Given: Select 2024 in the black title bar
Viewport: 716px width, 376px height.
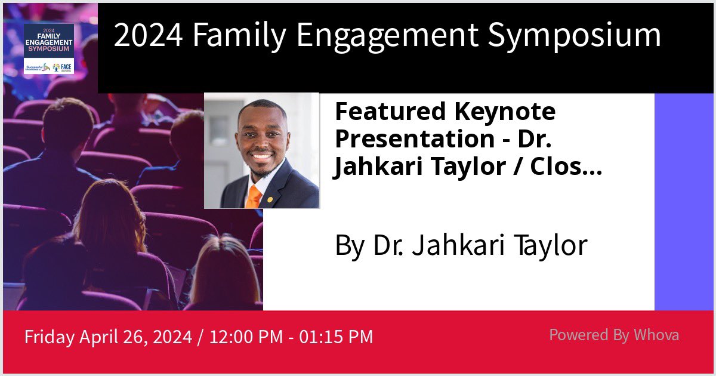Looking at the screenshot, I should (149, 36).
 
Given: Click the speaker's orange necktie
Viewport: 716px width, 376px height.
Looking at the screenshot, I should (254, 196).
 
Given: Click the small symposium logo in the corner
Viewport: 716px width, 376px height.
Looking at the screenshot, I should (49, 49).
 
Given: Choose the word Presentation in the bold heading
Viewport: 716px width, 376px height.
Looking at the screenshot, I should (405, 138).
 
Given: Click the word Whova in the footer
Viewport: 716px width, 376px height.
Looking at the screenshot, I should (656, 335).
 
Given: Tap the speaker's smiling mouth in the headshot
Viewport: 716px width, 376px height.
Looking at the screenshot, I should (261, 156).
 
